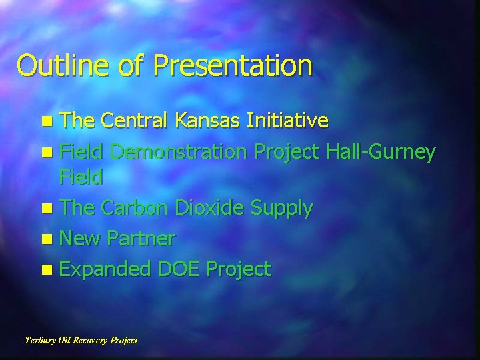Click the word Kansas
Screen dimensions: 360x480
pos(209,121)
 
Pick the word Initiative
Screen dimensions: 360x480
pos(287,121)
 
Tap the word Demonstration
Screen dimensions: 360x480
pos(179,152)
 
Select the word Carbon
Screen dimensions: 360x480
pos(137,208)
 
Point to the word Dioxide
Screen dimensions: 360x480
pos(212,208)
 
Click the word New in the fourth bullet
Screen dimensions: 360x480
pos(79,238)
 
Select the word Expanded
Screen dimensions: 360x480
pos(105,269)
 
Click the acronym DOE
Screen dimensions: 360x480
pos(179,269)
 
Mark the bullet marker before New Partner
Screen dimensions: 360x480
pos(45,239)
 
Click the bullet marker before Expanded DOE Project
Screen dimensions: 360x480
pos(45,270)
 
